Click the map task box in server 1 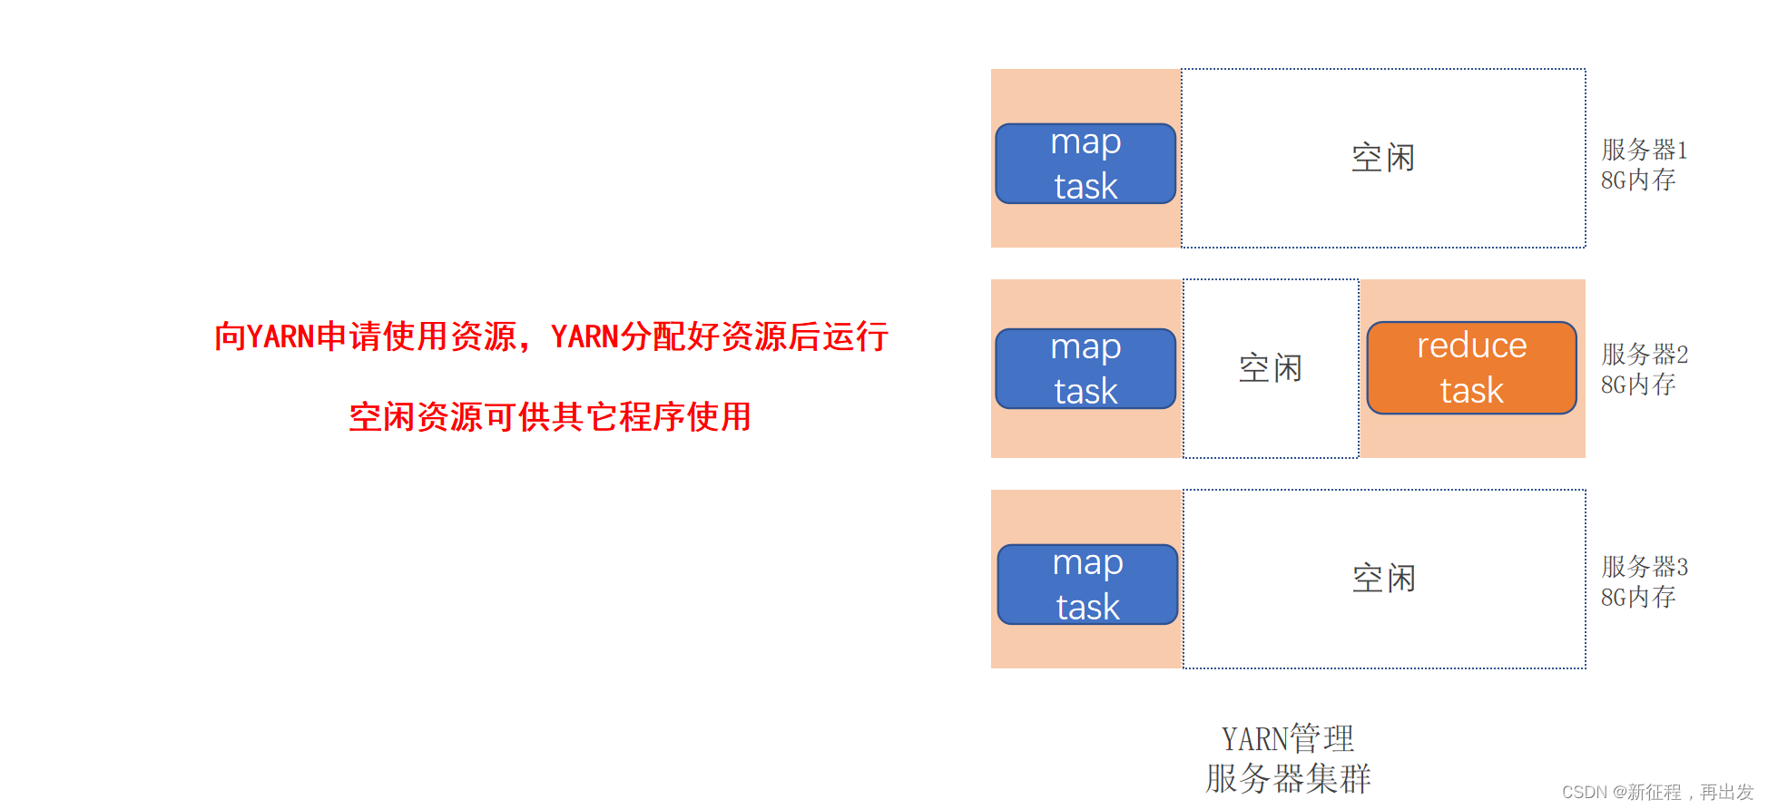(1085, 164)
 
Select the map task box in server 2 (1085, 369)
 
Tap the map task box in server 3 (1087, 585)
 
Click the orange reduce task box (1471, 368)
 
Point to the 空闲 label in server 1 (1382, 158)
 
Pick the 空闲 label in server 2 (1270, 368)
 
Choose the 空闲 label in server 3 (1383, 579)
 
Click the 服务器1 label (1644, 150)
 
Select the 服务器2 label (1644, 355)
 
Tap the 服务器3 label (1644, 567)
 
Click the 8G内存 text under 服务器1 (1637, 180)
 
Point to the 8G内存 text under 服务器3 (1637, 598)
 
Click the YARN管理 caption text (1287, 739)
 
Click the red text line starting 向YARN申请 (551, 336)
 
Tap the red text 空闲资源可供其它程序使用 (550, 417)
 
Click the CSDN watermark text (1657, 793)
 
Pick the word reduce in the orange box (1471, 346)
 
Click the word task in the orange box (1471, 391)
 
